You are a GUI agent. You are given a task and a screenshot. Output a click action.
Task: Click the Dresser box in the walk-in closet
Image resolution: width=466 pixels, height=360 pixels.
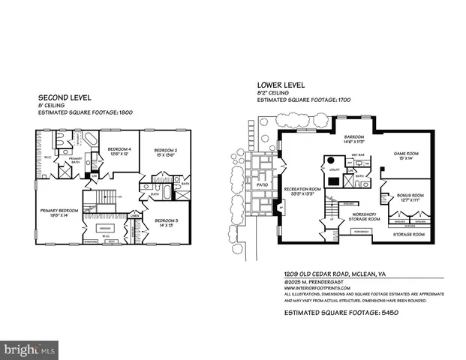(x=105, y=227)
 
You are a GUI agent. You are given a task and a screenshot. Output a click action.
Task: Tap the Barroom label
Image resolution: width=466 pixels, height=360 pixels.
(x=353, y=138)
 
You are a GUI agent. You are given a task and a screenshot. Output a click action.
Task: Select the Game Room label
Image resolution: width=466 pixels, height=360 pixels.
(x=406, y=154)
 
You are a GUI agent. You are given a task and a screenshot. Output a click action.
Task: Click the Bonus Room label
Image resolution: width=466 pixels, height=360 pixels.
(x=406, y=196)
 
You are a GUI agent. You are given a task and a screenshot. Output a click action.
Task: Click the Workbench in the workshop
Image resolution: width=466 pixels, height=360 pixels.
(x=359, y=232)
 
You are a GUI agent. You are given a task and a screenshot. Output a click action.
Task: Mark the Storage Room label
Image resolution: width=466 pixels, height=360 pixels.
(x=409, y=234)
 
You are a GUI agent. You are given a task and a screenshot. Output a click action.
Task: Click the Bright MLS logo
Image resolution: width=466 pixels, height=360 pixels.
(x=30, y=349)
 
